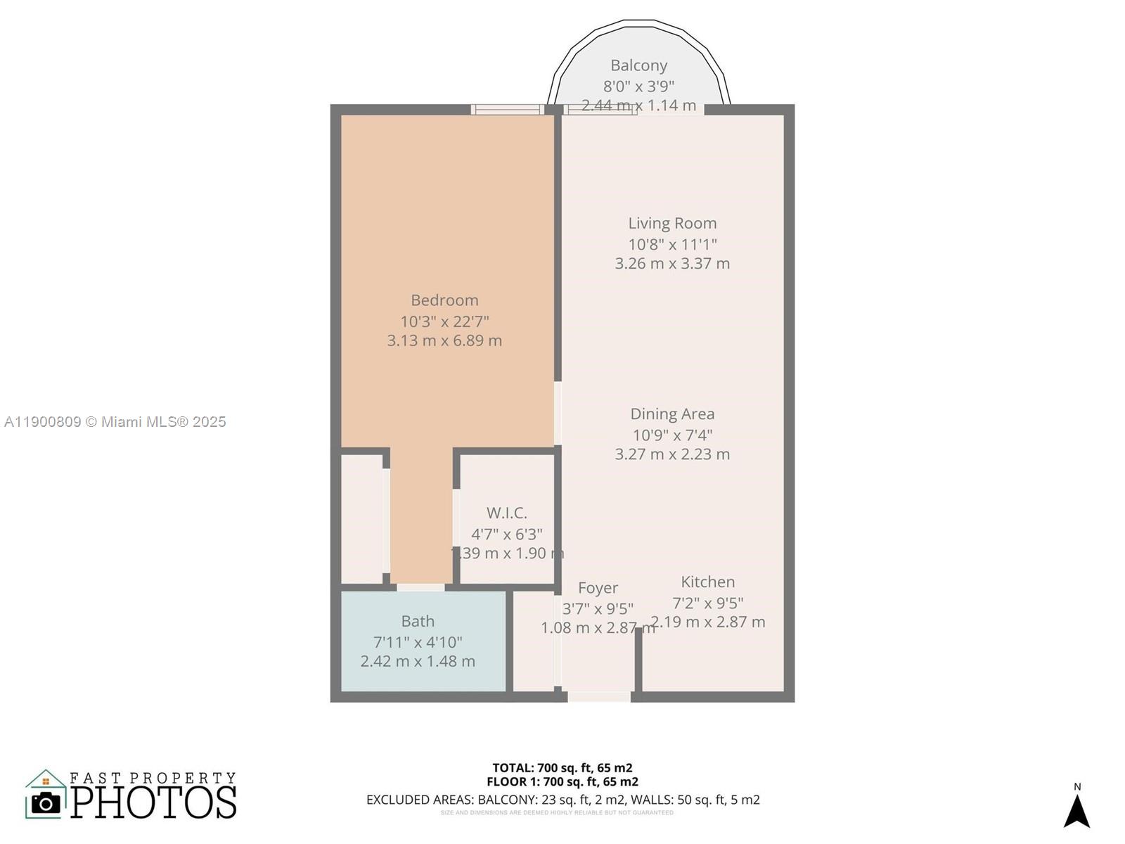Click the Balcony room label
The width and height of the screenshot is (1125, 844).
pos(638,65)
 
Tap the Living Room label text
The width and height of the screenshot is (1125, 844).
pos(672,223)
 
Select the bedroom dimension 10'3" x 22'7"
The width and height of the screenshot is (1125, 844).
pos(444,321)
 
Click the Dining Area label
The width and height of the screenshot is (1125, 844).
pos(672,414)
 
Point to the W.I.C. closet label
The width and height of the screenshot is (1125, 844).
pos(506,513)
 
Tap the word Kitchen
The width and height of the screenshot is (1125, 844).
pos(707,582)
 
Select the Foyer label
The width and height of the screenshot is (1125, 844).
pos(598,587)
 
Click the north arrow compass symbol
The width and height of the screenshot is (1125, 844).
pos(1076,810)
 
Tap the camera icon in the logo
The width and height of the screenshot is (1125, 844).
pos(46,803)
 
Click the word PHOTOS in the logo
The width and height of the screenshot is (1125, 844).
pos(154,803)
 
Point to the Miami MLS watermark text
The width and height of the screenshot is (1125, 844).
pos(115,422)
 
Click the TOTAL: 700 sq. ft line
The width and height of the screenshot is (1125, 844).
pos(562,768)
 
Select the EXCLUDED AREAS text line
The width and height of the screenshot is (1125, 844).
pos(562,800)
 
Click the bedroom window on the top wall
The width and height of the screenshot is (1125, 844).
pos(507,110)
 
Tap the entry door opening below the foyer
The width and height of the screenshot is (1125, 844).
pos(599,696)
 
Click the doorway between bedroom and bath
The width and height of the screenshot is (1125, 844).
pos(420,587)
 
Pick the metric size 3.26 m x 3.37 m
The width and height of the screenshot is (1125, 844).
pos(672,264)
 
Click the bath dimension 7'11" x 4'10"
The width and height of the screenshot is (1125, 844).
pos(418,642)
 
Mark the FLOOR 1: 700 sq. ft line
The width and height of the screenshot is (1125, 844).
pos(562,781)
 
